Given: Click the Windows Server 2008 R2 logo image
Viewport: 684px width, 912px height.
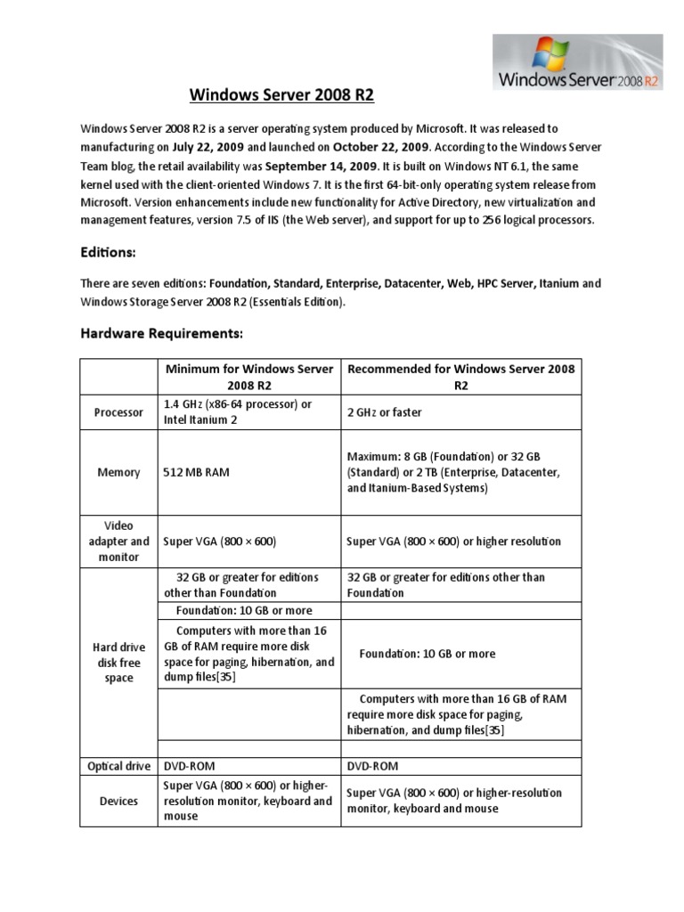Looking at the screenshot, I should click(x=577, y=62).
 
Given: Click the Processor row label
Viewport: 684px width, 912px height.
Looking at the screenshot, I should click(x=118, y=413).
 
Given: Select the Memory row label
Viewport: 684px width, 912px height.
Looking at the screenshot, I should click(x=118, y=472).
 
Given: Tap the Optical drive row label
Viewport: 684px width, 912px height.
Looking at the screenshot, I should click(x=118, y=766).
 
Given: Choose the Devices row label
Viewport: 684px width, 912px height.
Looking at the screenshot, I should click(x=118, y=801).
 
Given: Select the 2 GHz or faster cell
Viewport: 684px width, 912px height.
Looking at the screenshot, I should click(x=384, y=412).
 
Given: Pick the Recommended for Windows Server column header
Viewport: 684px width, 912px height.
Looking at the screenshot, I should click(x=461, y=377).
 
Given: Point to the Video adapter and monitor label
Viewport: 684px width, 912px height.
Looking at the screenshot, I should click(x=118, y=541).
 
